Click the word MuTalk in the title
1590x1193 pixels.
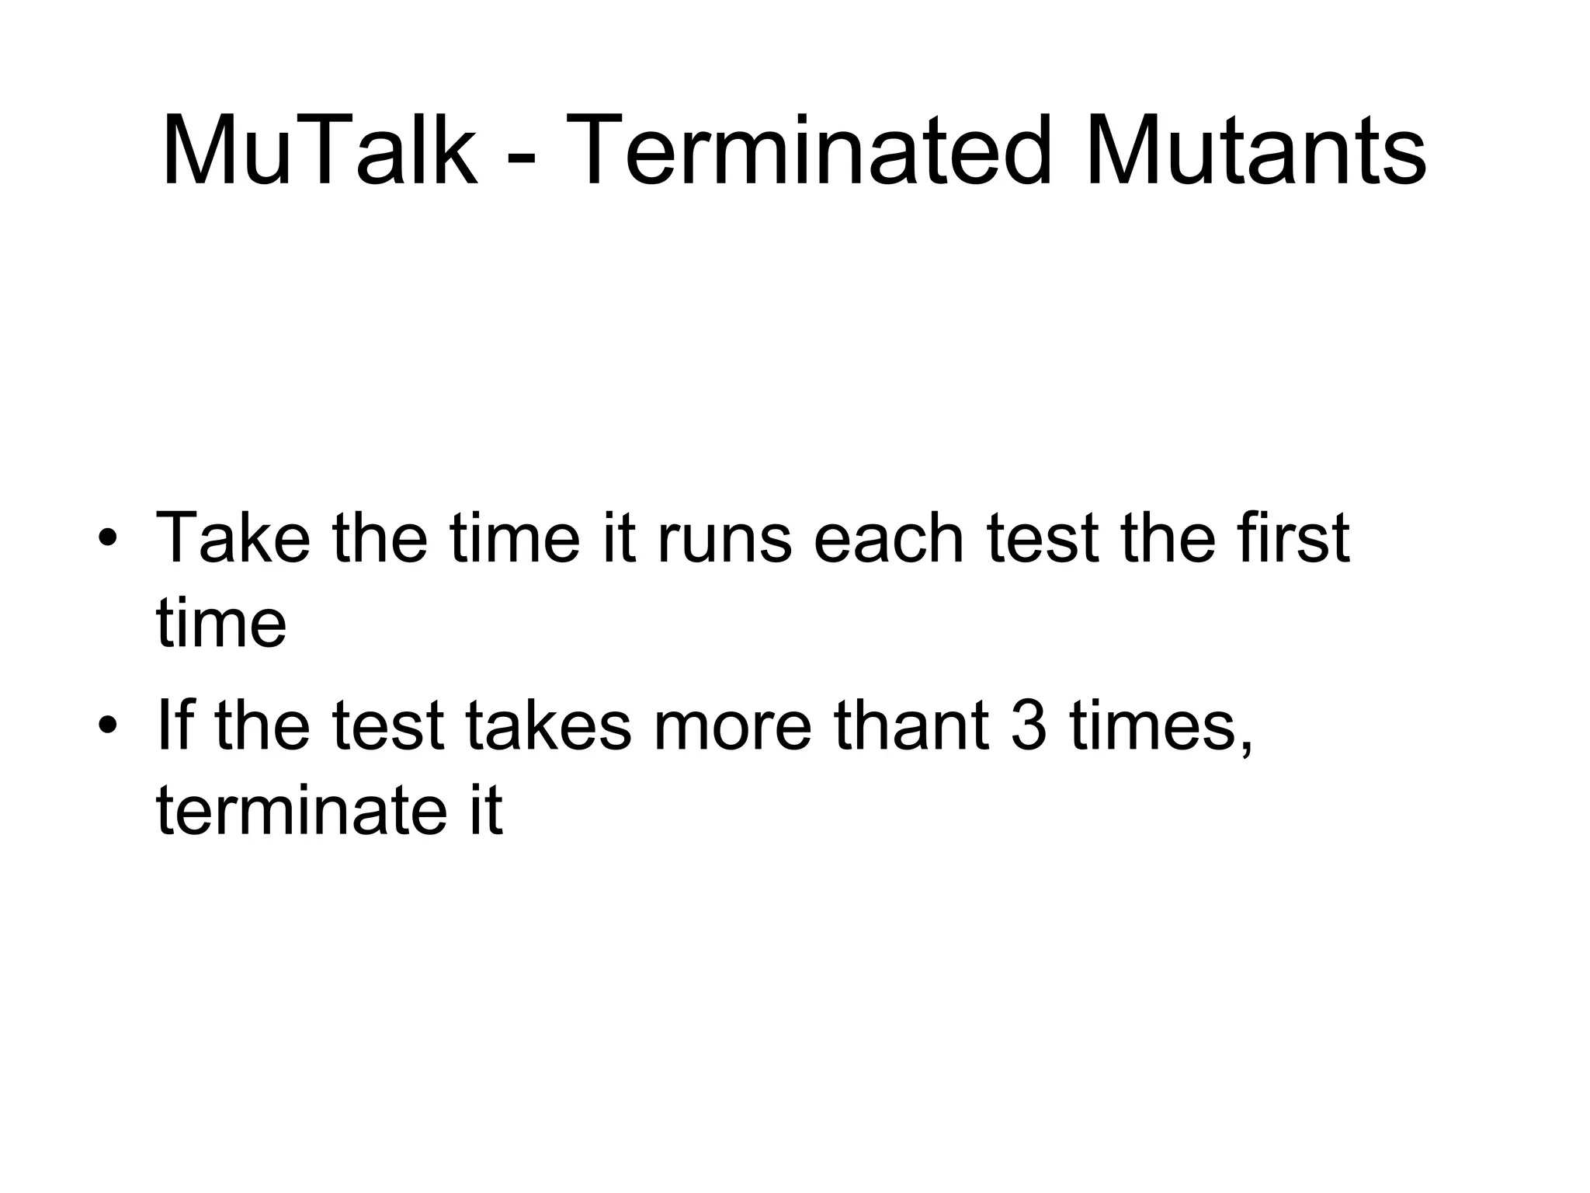[319, 149]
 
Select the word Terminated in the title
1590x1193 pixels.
[811, 149]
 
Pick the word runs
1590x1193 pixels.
[724, 537]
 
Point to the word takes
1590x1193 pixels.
[548, 725]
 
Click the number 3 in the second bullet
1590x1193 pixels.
[1029, 725]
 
